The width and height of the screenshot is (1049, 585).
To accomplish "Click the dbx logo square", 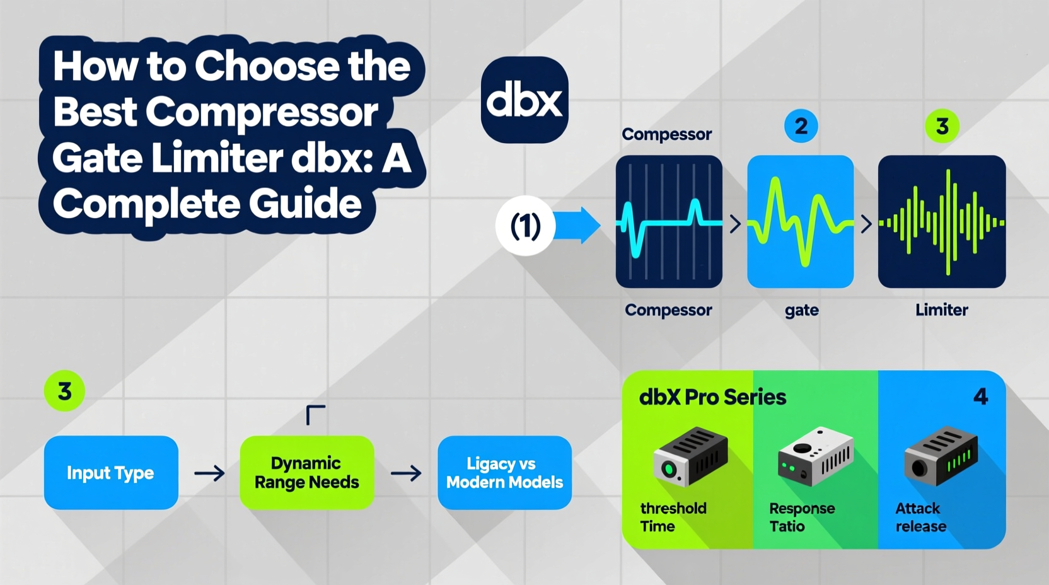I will tap(524, 100).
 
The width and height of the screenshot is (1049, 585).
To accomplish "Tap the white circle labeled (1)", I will tap(525, 226).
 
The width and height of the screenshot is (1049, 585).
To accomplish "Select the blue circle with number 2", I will tap(801, 126).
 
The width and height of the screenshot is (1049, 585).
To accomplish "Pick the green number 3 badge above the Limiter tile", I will tap(942, 126).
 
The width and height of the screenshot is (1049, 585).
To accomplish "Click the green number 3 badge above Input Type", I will tap(64, 391).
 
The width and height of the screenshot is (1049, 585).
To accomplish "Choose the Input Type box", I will tap(111, 473).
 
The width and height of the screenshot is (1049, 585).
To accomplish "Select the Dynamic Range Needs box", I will tap(307, 473).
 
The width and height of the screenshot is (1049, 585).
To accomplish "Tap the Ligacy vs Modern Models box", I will tap(504, 473).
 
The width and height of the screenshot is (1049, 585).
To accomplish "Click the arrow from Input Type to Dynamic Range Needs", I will tap(209, 473).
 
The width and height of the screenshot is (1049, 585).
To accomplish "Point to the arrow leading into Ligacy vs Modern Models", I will tap(406, 473).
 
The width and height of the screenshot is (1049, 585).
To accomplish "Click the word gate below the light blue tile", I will tap(801, 310).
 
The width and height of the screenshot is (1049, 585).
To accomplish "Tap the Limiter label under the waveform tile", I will tap(941, 310).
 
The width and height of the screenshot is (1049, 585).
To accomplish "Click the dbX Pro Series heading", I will tap(712, 397).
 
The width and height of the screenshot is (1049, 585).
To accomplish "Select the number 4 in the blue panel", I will tap(980, 397).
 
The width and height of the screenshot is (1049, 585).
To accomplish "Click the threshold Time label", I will tap(673, 517).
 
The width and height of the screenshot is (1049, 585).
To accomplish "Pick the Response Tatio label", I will tap(801, 517).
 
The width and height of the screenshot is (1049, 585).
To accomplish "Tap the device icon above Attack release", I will tap(941, 455).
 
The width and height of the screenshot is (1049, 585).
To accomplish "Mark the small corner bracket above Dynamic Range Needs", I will tap(315, 415).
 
